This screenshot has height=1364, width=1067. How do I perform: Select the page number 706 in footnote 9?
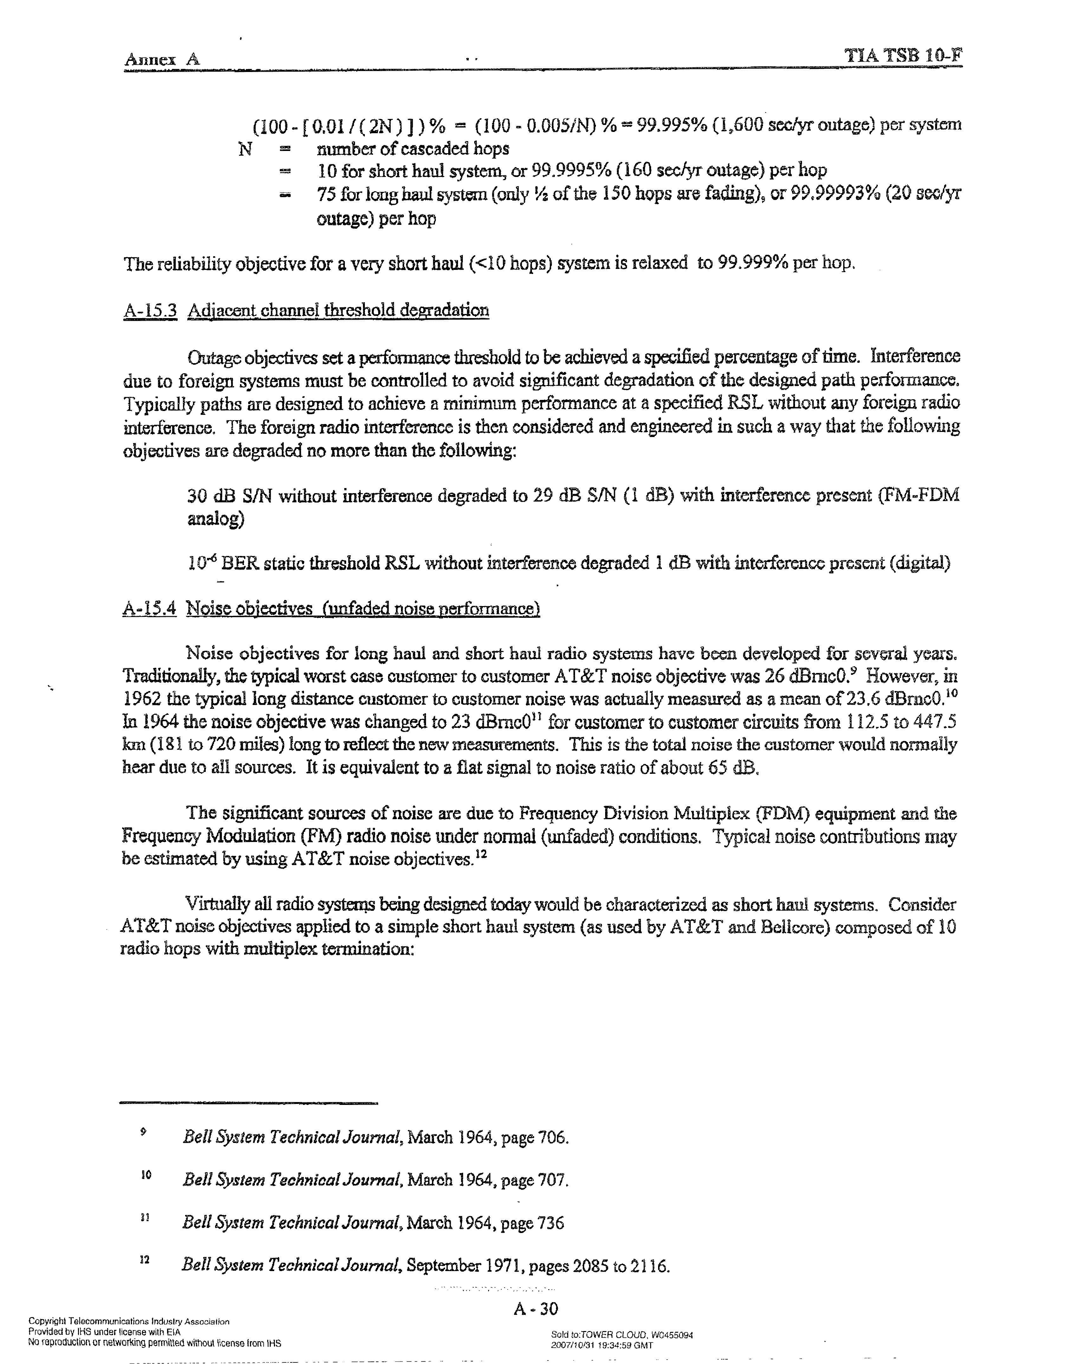552,1137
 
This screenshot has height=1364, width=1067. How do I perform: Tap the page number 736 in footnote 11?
550,1222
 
